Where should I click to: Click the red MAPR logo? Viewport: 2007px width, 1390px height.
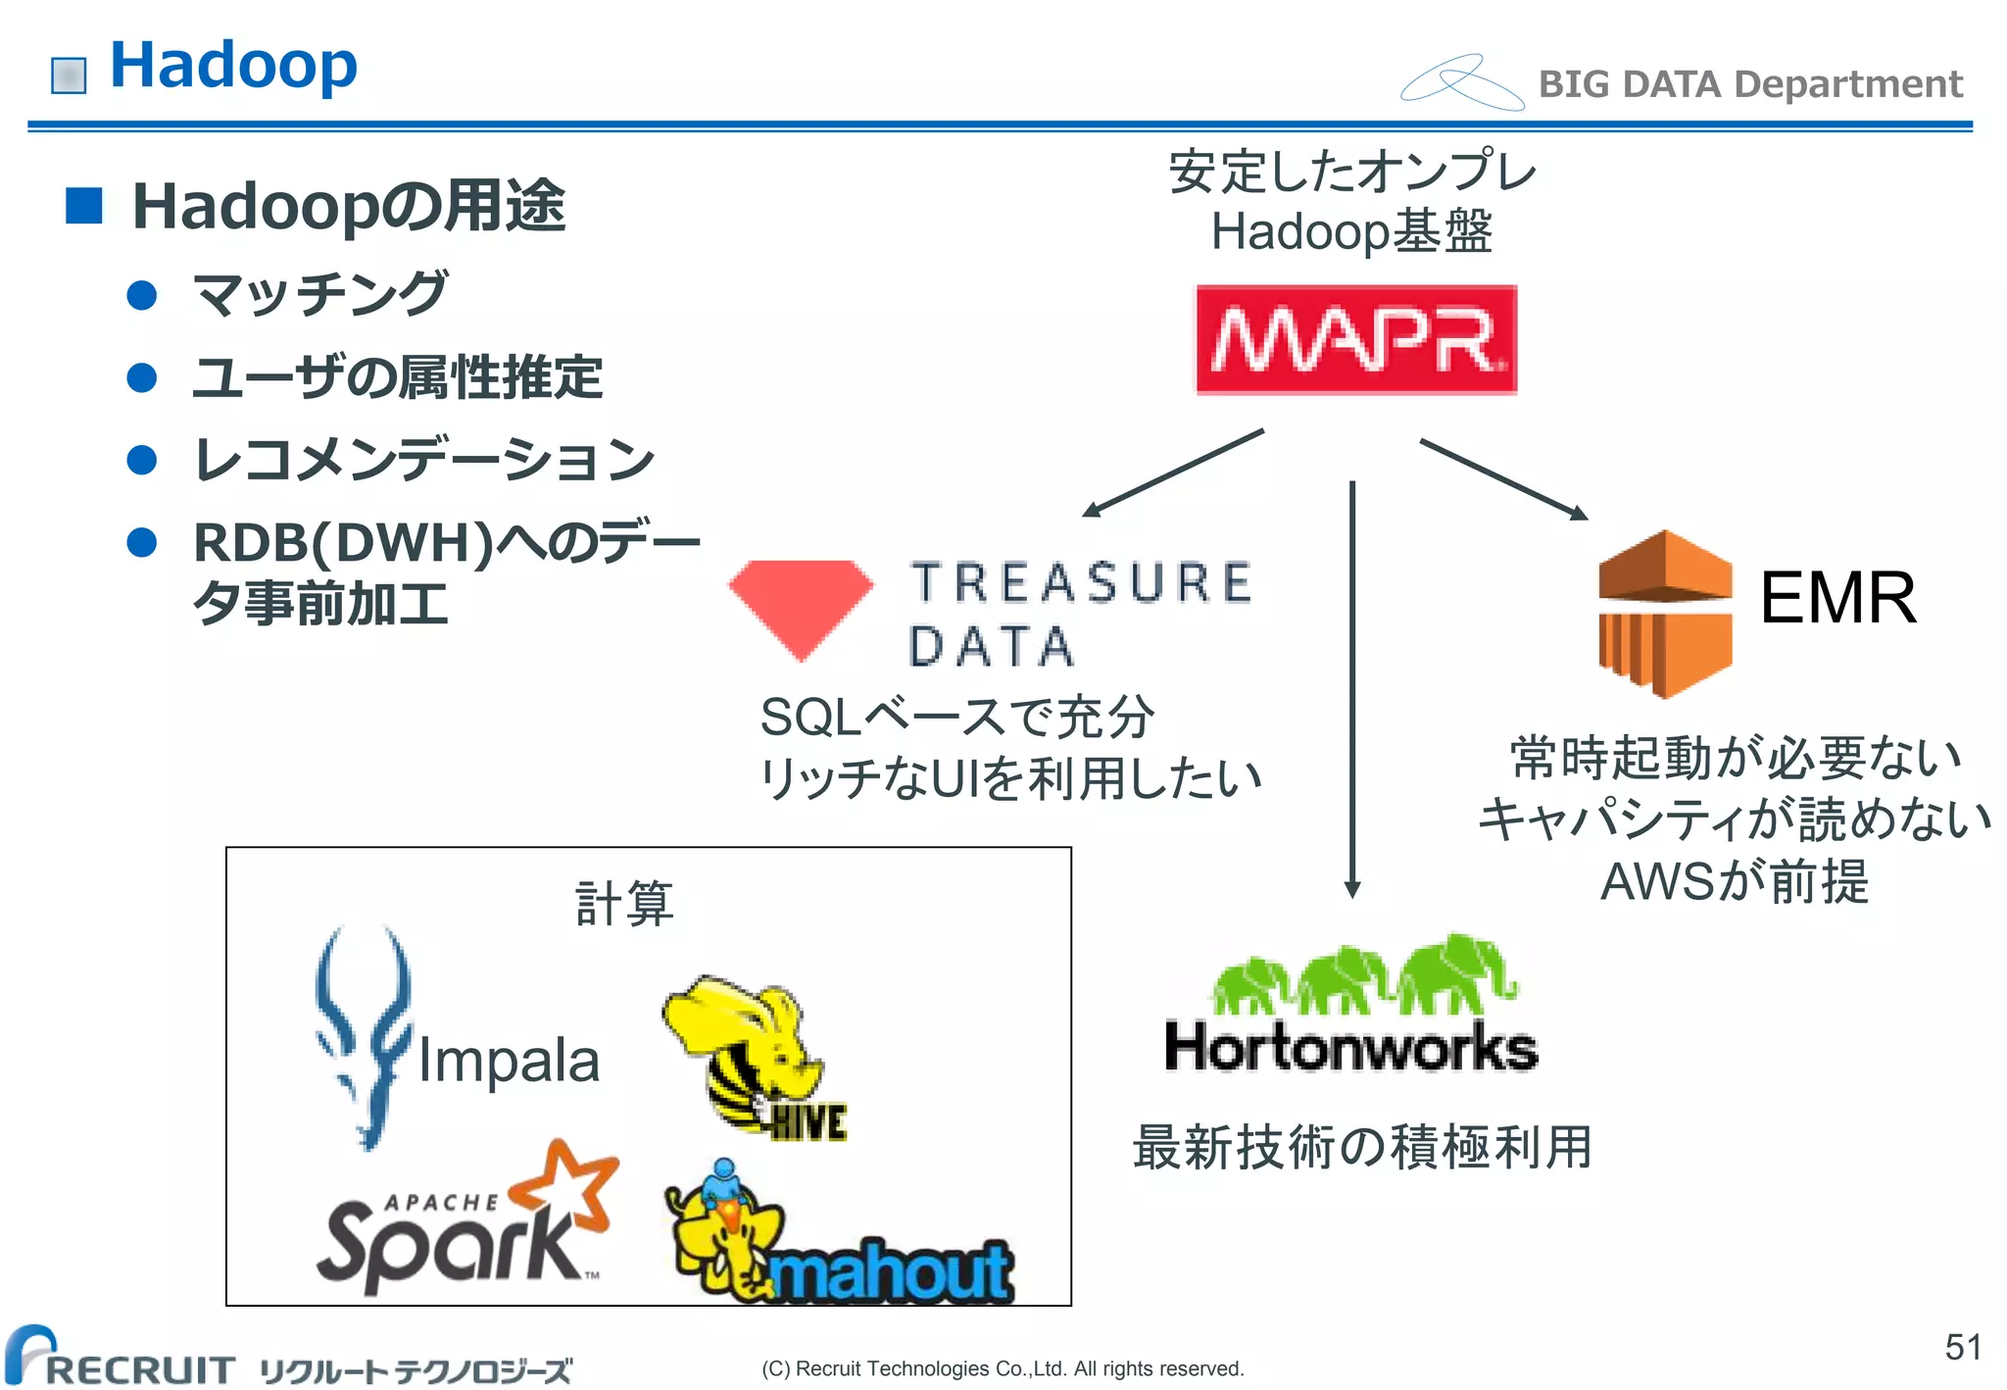(1355, 339)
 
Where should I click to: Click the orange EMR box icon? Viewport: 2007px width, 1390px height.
(1664, 614)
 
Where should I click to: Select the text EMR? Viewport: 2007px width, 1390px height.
(1836, 598)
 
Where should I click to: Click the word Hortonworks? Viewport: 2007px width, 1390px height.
(1350, 1047)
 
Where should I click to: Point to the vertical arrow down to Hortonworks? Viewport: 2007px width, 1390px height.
(1352, 686)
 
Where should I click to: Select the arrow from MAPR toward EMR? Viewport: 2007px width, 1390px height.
(1504, 479)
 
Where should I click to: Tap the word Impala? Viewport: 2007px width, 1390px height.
(508, 1061)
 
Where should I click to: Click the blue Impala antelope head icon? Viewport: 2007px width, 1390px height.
(364, 1034)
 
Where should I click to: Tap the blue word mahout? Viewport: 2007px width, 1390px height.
(890, 1272)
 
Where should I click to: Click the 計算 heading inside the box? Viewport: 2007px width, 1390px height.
(624, 903)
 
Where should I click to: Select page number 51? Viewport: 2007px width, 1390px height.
(1962, 1347)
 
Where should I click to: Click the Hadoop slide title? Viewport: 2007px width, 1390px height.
(233, 66)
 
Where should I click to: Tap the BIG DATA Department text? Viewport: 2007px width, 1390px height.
(1749, 84)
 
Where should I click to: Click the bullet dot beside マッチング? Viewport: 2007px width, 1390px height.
(143, 295)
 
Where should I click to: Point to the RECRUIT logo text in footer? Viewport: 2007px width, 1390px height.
(137, 1368)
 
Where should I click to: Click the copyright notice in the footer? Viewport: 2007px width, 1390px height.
(1002, 1368)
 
